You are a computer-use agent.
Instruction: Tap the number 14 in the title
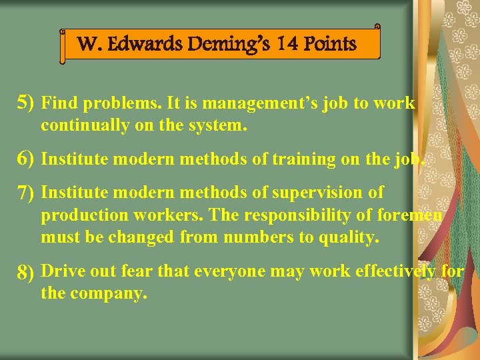(x=287, y=45)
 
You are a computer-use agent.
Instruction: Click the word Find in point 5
(x=59, y=104)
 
